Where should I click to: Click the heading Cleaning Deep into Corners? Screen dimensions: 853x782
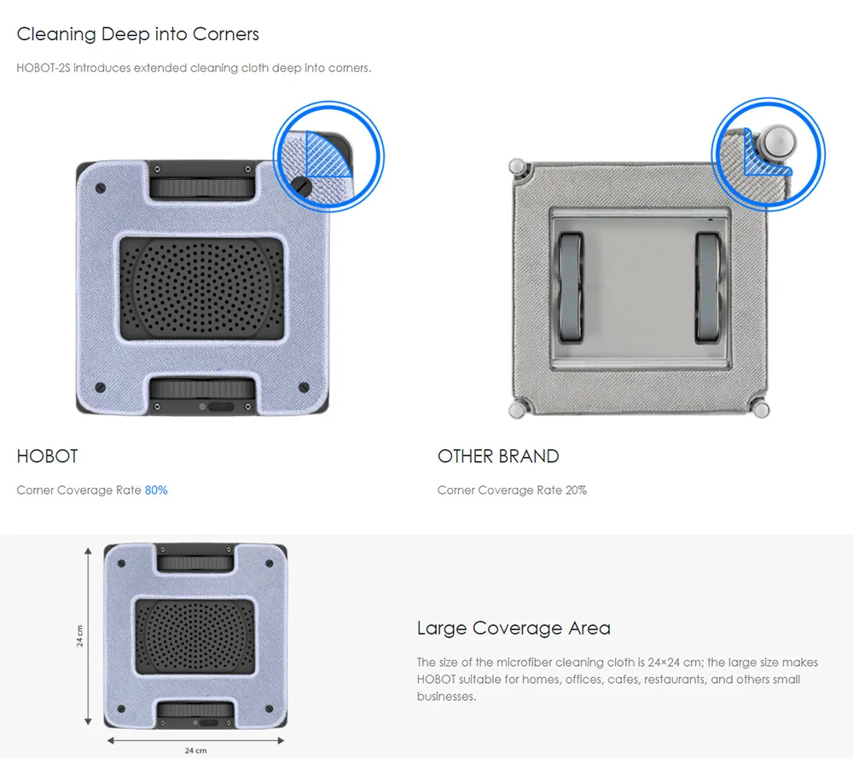(137, 34)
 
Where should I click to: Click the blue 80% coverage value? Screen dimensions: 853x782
(156, 490)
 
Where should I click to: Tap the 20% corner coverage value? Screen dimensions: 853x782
(576, 490)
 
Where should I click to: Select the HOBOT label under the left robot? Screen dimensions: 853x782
(47, 456)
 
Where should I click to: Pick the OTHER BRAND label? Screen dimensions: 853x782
(498, 456)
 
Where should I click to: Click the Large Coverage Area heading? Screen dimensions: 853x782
(514, 628)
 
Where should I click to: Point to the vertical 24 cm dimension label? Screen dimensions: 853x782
(80, 635)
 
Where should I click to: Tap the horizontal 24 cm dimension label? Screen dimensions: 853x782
(196, 750)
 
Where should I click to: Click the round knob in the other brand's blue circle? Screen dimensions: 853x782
(778, 142)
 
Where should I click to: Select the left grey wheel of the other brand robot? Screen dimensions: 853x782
(570, 287)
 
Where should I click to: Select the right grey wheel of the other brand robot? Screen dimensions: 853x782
(710, 287)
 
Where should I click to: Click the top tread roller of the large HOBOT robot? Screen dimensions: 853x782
(202, 187)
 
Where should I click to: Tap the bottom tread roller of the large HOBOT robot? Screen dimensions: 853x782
(202, 390)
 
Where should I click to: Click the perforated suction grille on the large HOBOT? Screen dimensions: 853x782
(202, 288)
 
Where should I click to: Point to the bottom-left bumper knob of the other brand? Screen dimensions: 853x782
(517, 409)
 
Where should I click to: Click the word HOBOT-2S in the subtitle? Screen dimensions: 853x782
(44, 68)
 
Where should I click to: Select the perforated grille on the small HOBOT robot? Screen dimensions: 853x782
(194, 637)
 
